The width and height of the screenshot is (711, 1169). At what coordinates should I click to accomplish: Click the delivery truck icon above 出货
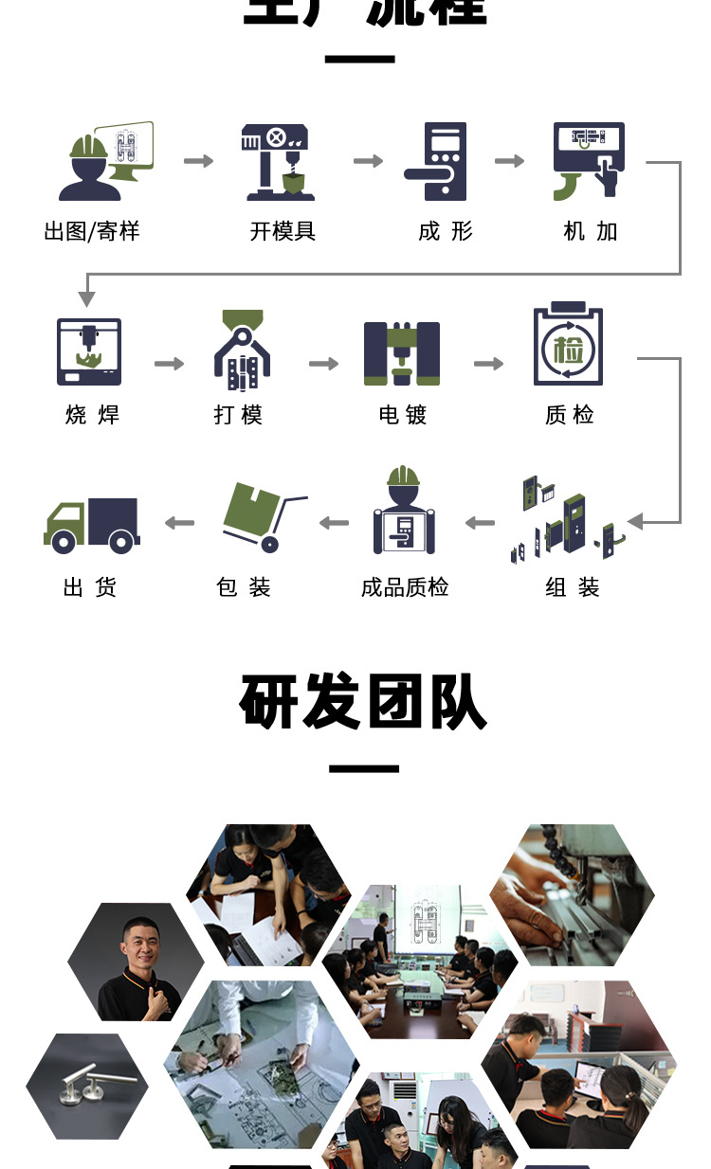91,524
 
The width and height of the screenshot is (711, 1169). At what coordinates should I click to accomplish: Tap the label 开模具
283,230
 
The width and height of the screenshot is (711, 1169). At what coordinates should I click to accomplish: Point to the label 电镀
402,414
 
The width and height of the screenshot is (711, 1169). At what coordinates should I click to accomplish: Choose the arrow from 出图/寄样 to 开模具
198,161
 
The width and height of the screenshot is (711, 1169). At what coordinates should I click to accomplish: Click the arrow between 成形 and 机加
509,161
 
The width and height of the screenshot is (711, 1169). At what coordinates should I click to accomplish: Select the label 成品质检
404,587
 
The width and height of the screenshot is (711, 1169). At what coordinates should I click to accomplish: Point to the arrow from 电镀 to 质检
488,364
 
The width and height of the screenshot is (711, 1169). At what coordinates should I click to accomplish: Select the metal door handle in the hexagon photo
86,1084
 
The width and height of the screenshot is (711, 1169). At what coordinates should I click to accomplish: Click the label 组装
573,587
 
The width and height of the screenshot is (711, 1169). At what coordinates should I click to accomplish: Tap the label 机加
590,230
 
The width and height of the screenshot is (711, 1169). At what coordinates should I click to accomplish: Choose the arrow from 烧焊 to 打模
169,364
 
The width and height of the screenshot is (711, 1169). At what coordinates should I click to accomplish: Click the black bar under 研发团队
363,768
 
